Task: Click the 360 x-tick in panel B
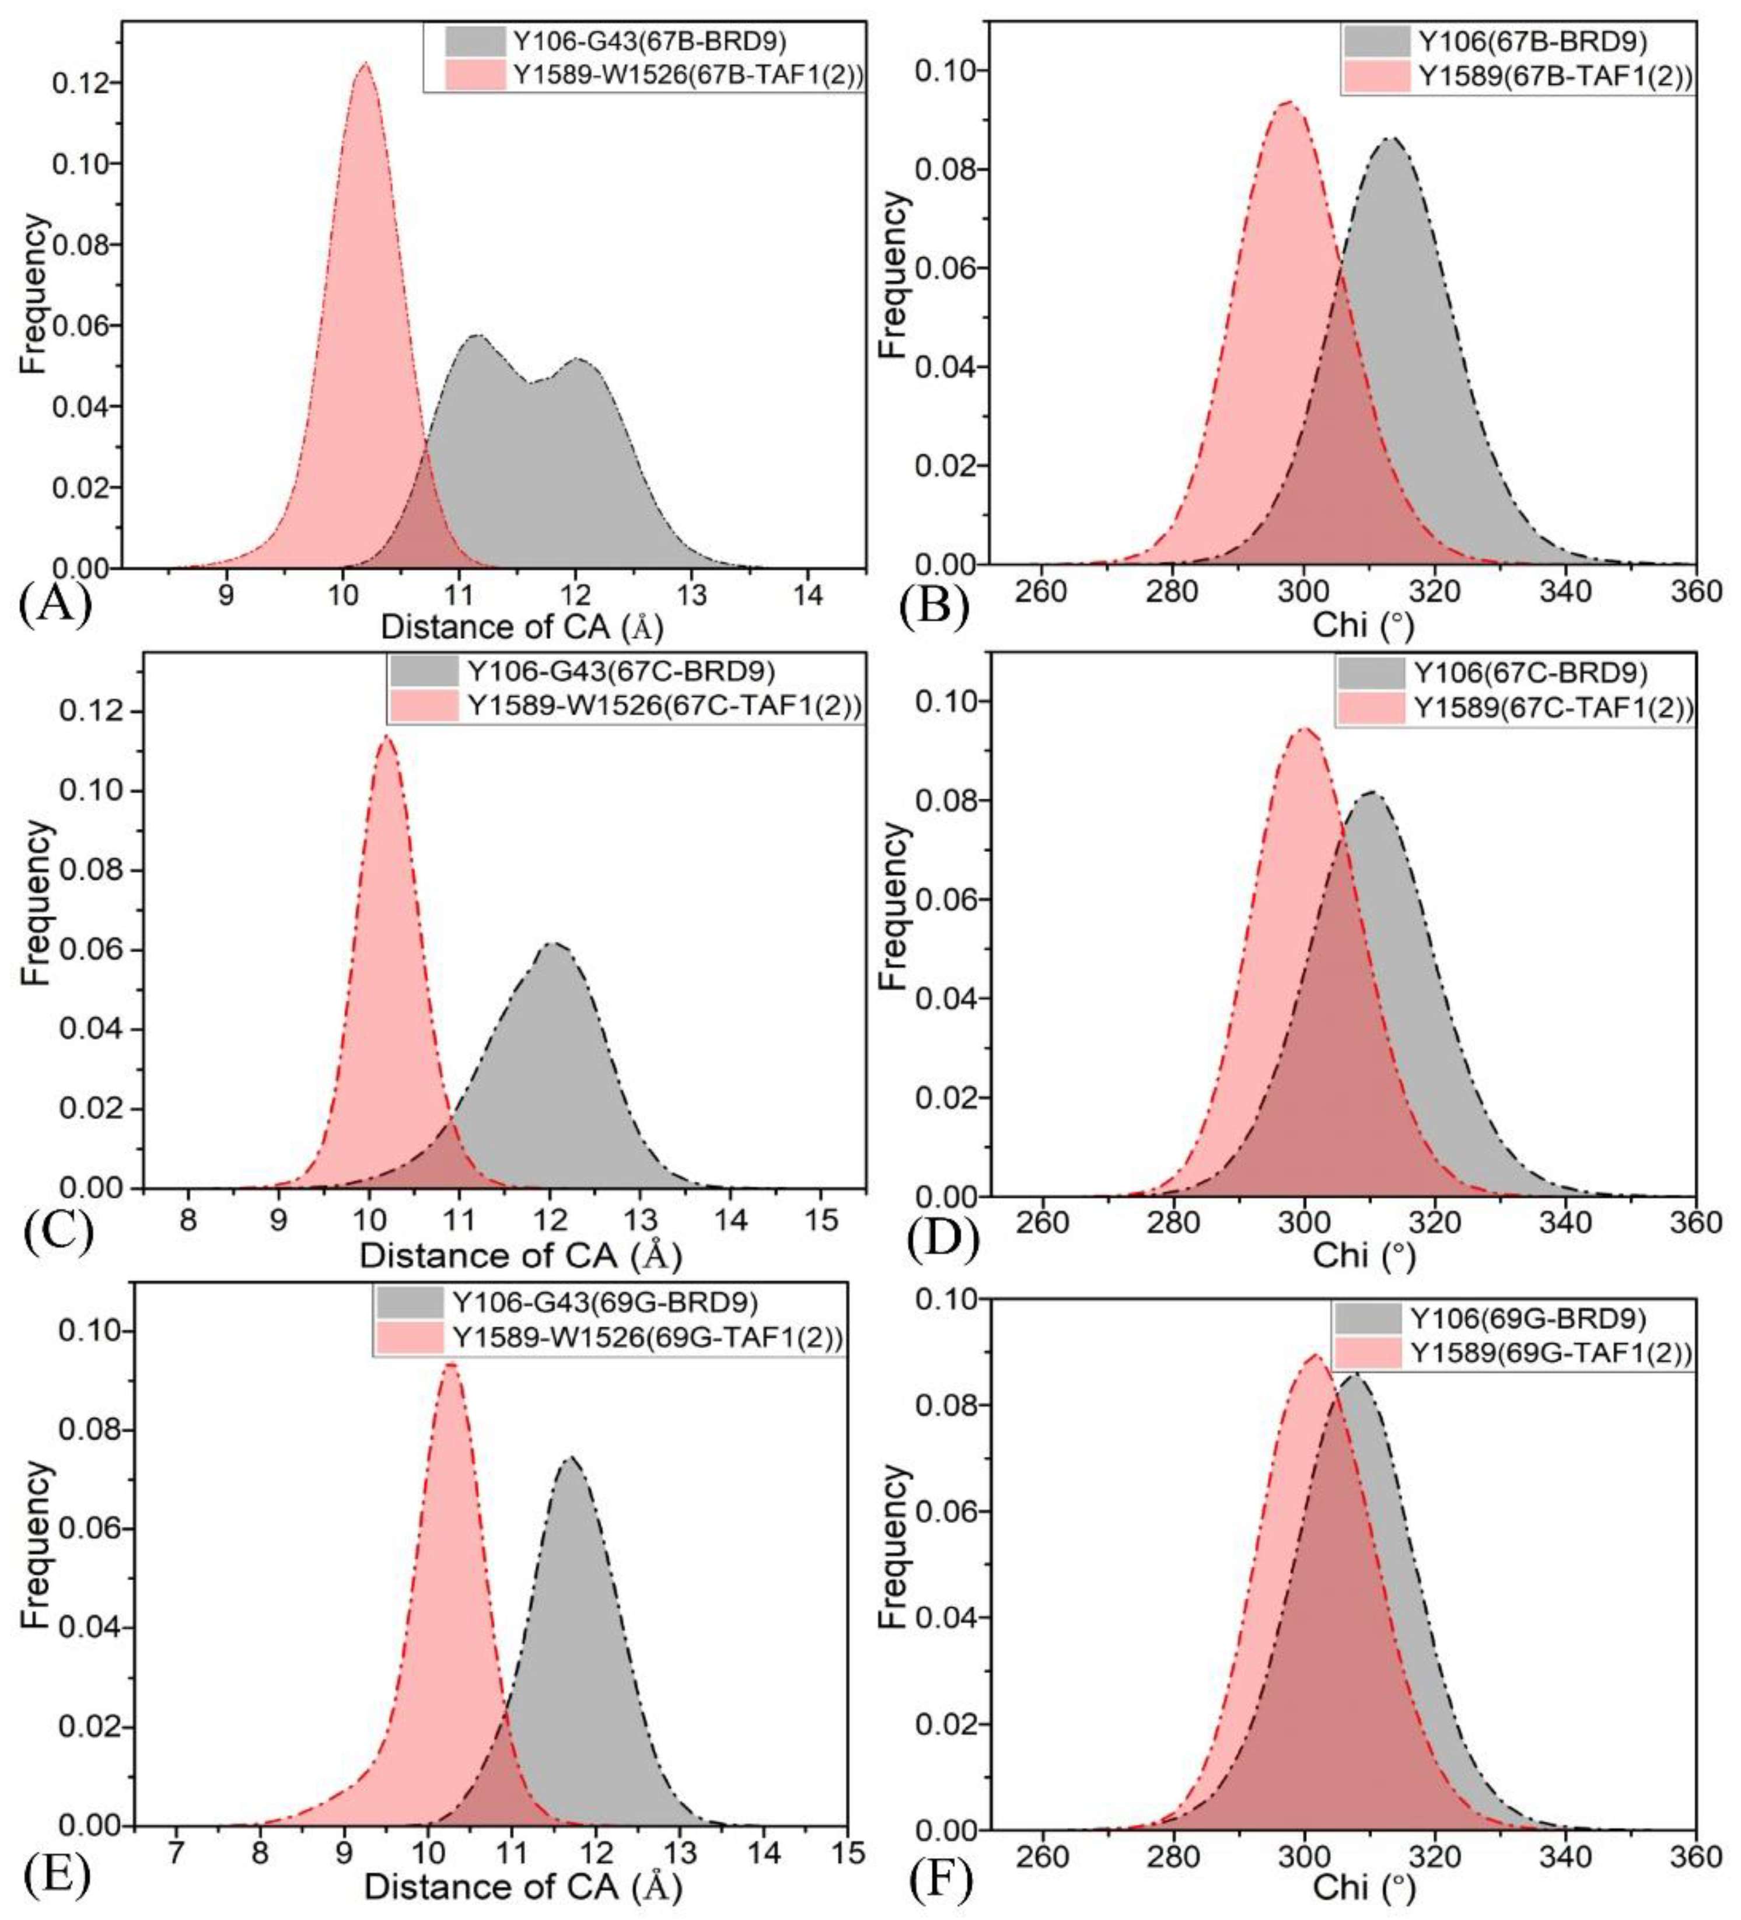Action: [x=1695, y=591]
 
